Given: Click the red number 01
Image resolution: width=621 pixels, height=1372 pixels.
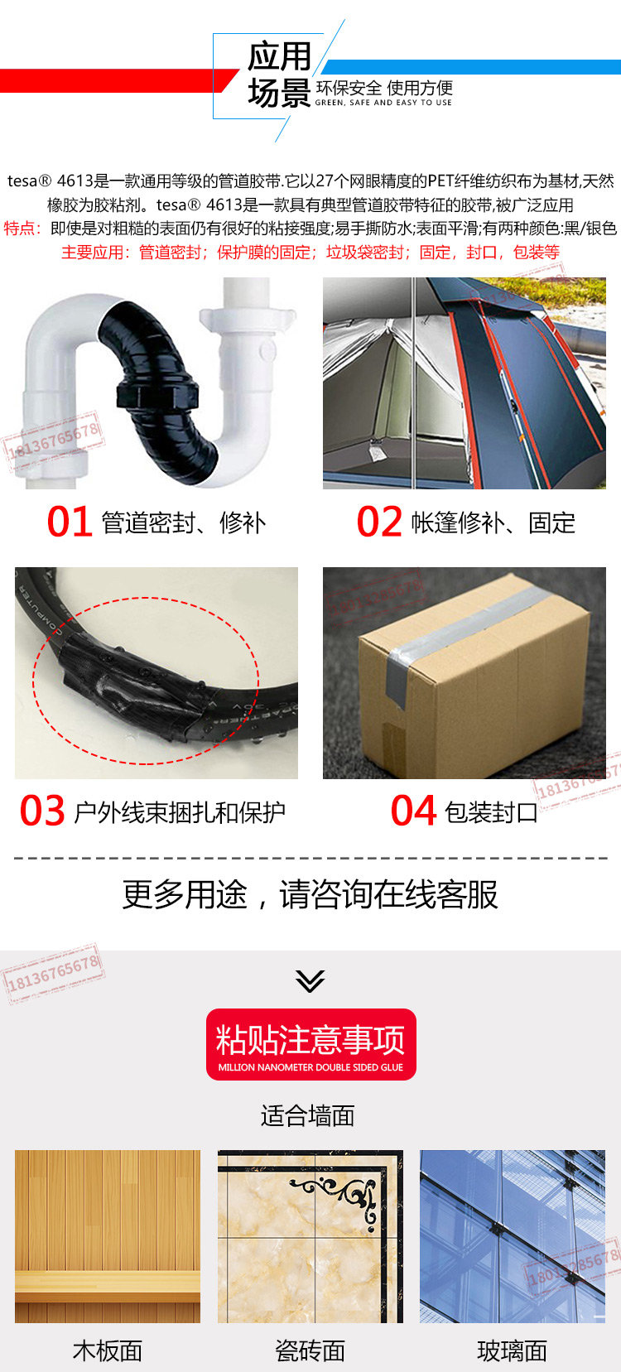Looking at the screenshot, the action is [x=70, y=522].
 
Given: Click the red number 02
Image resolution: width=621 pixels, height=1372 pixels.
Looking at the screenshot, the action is [x=379, y=522].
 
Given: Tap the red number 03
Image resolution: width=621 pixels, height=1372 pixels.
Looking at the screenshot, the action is [x=42, y=811].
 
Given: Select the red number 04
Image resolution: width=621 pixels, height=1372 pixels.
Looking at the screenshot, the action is [x=413, y=811].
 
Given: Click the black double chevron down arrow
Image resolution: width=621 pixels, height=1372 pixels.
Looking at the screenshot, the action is [x=310, y=980].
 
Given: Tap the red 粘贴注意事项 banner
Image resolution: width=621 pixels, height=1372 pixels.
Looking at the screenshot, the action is [x=311, y=1044].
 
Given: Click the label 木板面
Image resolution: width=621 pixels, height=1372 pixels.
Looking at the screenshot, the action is [x=107, y=1351].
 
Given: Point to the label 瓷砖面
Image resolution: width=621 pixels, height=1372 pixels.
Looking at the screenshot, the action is [x=310, y=1351].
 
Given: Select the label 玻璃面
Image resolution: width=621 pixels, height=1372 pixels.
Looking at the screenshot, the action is [x=512, y=1351].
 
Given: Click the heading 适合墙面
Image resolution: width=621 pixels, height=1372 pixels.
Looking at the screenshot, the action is [x=307, y=1116].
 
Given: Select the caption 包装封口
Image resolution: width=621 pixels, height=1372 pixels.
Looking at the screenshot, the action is [x=491, y=812].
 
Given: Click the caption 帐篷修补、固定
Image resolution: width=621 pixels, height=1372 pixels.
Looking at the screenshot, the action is [x=493, y=523].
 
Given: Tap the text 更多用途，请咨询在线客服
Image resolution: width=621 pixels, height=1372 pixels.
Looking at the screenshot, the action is [x=310, y=894].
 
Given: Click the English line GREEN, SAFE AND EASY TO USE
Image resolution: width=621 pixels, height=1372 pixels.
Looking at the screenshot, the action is [x=383, y=103].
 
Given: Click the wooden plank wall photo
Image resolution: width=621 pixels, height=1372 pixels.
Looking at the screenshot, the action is [x=107, y=1236].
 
